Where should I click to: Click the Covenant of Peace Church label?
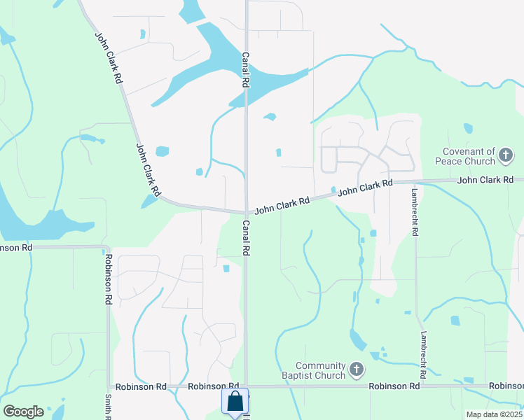pyautogui.click(x=469, y=156)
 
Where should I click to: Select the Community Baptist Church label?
pyautogui.click(x=321, y=370)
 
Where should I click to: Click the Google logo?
pyautogui.click(x=23, y=412)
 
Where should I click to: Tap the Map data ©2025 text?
pyautogui.click(x=494, y=414)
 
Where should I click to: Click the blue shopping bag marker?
pyautogui.click(x=235, y=403)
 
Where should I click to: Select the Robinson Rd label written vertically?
pyautogui.click(x=109, y=278)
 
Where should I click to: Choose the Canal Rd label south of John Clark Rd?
pyautogui.click(x=245, y=238)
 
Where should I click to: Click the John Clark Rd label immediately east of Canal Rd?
pyautogui.click(x=282, y=204)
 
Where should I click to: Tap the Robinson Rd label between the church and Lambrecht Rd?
pyautogui.click(x=394, y=386)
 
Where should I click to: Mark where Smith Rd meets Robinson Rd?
pyautogui.click(x=109, y=386)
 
